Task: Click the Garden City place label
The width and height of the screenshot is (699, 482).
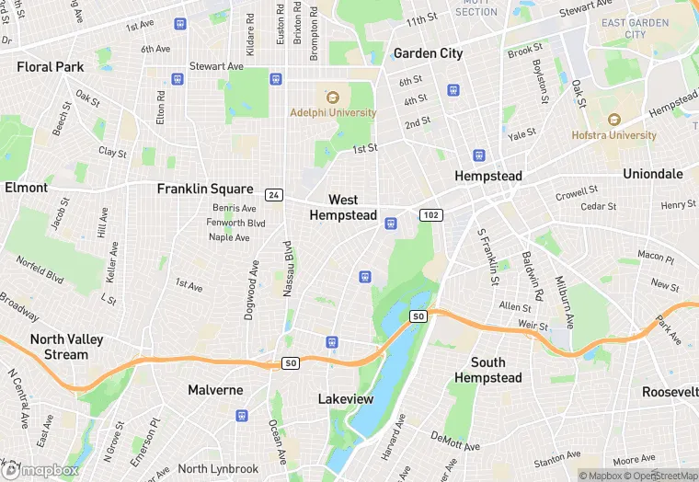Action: pos(428,53)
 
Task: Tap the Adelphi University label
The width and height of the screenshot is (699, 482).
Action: pos(332,112)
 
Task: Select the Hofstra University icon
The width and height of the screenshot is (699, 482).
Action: pos(613,120)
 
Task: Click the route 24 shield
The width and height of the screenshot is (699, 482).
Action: pos(274,195)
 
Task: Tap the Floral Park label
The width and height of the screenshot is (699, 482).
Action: pos(50,67)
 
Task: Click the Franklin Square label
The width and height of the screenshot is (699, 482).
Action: pos(204,189)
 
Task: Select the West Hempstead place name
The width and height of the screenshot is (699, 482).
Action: pos(343,207)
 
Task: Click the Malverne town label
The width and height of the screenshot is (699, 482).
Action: pos(215,390)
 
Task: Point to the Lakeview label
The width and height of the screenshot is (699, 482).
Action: pos(346,399)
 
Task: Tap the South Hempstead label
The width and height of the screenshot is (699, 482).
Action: pos(488,370)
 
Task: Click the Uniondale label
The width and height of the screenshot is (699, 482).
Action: pos(652,174)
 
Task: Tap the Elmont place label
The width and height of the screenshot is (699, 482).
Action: pos(26,188)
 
